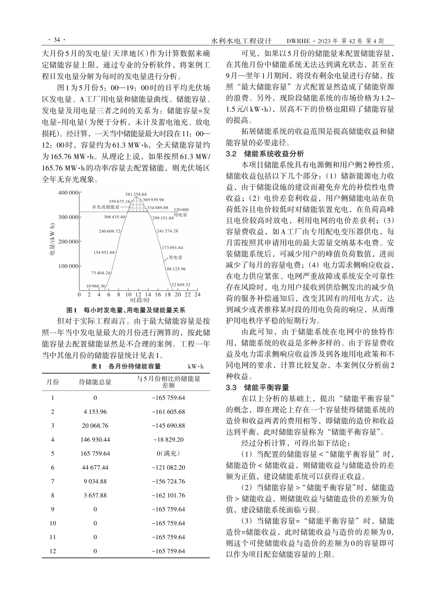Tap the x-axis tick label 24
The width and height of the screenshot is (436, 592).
(x=198, y=294)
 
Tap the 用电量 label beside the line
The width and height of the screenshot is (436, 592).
(x=182, y=214)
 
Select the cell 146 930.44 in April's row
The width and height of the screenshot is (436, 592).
(x=95, y=439)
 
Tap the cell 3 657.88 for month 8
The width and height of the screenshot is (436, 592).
(x=95, y=495)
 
